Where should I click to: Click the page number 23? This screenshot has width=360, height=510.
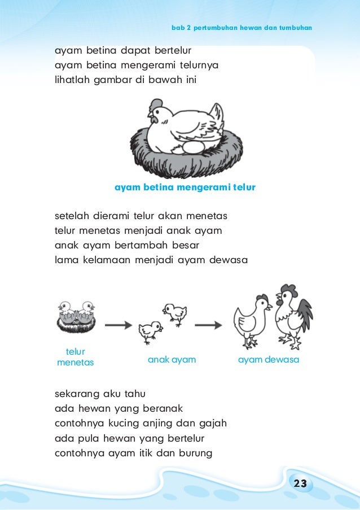(x=300, y=483)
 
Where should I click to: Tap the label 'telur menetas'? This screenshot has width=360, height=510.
(x=76, y=357)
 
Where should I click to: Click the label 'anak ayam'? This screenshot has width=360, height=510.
(x=172, y=360)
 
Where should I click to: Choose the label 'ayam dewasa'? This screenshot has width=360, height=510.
(x=269, y=360)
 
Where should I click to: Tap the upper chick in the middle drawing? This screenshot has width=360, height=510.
(x=175, y=313)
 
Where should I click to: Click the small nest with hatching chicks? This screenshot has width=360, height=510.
(x=76, y=317)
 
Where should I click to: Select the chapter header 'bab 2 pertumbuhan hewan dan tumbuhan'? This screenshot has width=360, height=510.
(x=242, y=28)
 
